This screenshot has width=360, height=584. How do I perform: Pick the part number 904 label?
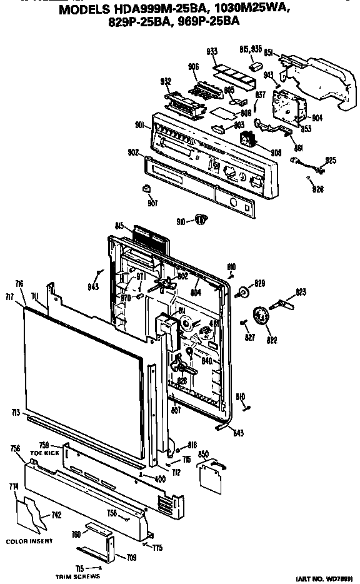click(x=317, y=118)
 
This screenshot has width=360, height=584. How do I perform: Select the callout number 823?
click(x=301, y=291)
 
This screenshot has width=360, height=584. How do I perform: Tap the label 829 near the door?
click(x=259, y=283)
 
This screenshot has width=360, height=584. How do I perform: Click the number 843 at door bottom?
click(x=239, y=433)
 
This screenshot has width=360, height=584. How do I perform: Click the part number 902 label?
click(x=132, y=152)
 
